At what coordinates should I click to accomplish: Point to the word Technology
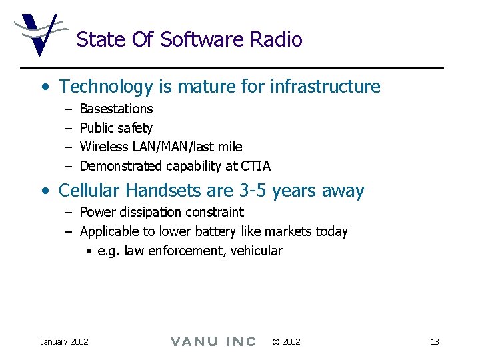coord(106,87)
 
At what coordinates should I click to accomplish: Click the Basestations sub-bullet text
coord(116,109)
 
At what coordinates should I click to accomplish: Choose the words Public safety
coord(116,128)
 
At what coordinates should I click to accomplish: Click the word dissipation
coord(151,212)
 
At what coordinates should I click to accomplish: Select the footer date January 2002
coord(64,341)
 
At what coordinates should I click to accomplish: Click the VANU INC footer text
coord(213,341)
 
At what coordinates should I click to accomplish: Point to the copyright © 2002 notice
coord(286,341)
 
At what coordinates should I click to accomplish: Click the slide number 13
coord(435,341)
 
